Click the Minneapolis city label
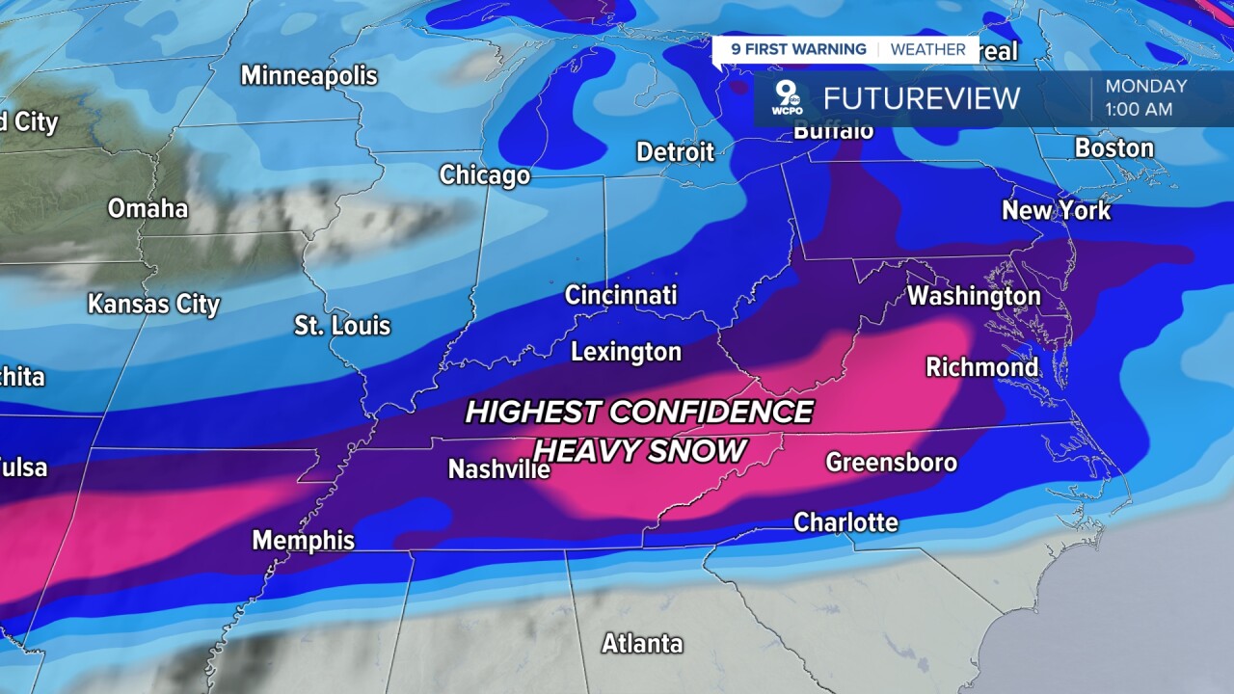tap(308, 75)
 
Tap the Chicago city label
tap(485, 175)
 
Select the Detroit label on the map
tap(676, 152)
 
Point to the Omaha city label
tap(148, 208)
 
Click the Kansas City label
tap(154, 305)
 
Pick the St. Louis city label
tap(342, 326)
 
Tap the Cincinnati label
tap(621, 295)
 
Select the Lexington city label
tap(626, 352)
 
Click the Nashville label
tap(498, 469)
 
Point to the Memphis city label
tap(303, 541)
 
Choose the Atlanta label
tap(642, 643)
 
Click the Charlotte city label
tap(845, 522)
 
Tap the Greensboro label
tap(891, 463)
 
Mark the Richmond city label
tap(981, 367)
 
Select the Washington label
tap(974, 296)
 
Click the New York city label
tap(1056, 210)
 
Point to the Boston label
tap(1113, 148)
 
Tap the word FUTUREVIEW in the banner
tap(921, 98)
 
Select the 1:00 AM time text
tap(1139, 110)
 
